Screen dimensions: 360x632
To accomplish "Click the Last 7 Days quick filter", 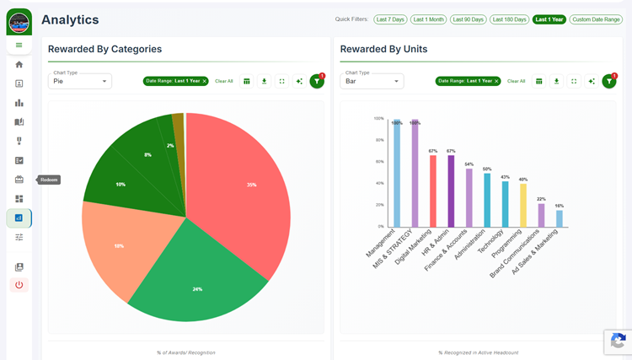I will (390, 19).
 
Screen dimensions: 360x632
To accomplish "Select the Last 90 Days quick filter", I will (469, 19).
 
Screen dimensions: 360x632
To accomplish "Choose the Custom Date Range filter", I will (596, 19).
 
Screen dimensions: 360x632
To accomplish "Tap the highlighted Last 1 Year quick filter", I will (549, 19).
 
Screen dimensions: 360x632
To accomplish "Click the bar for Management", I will (397, 174).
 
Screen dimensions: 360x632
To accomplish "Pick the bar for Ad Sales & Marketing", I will (560, 218).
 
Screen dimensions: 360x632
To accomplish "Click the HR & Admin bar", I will (451, 191).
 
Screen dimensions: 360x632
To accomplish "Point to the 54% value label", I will (469, 164).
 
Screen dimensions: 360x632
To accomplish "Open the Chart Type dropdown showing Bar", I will (372, 82).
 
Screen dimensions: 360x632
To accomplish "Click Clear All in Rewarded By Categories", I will (224, 81).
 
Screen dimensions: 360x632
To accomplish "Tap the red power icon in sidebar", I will (19, 285).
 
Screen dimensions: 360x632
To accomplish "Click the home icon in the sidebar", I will (19, 64).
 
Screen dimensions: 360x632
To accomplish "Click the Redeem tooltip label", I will (50, 180).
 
